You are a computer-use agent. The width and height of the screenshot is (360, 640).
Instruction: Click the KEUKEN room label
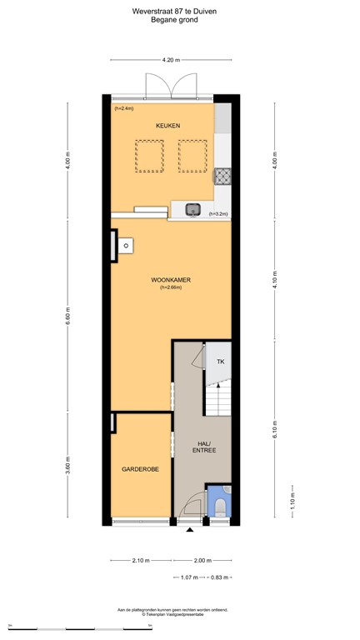point(167,126)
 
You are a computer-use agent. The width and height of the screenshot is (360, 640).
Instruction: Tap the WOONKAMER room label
point(170,280)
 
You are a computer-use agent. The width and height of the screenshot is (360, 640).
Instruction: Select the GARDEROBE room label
point(141,469)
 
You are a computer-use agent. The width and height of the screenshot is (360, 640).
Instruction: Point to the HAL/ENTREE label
point(203,446)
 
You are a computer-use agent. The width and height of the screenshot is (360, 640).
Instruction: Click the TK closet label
point(221,362)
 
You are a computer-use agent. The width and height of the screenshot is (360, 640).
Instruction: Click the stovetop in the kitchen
point(222,176)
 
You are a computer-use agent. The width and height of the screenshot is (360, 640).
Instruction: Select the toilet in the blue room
point(221,507)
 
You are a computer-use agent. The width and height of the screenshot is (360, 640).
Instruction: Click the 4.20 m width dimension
point(170,60)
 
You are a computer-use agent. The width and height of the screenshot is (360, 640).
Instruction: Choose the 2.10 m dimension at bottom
point(141,560)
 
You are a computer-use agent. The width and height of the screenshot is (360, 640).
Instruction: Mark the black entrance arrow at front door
point(189,529)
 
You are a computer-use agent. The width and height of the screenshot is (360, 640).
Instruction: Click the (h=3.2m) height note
point(217,214)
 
